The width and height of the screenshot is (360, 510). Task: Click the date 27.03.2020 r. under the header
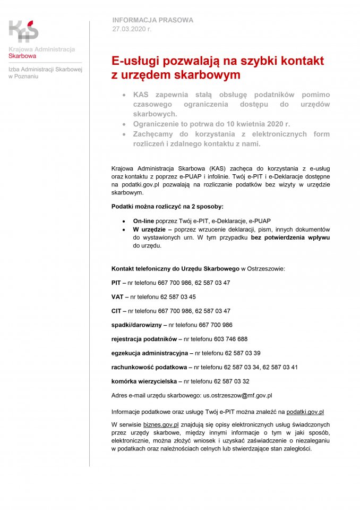132,29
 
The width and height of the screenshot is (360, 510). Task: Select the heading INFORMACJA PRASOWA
152,20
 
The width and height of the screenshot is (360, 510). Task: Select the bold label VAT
117,296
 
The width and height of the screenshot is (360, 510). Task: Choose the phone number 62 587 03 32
232,381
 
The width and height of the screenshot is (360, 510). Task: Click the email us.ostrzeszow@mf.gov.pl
238,395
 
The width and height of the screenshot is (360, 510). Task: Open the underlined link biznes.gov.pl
160,424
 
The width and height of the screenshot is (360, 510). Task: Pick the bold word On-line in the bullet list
143,220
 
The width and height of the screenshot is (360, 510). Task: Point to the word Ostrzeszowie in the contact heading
266,269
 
